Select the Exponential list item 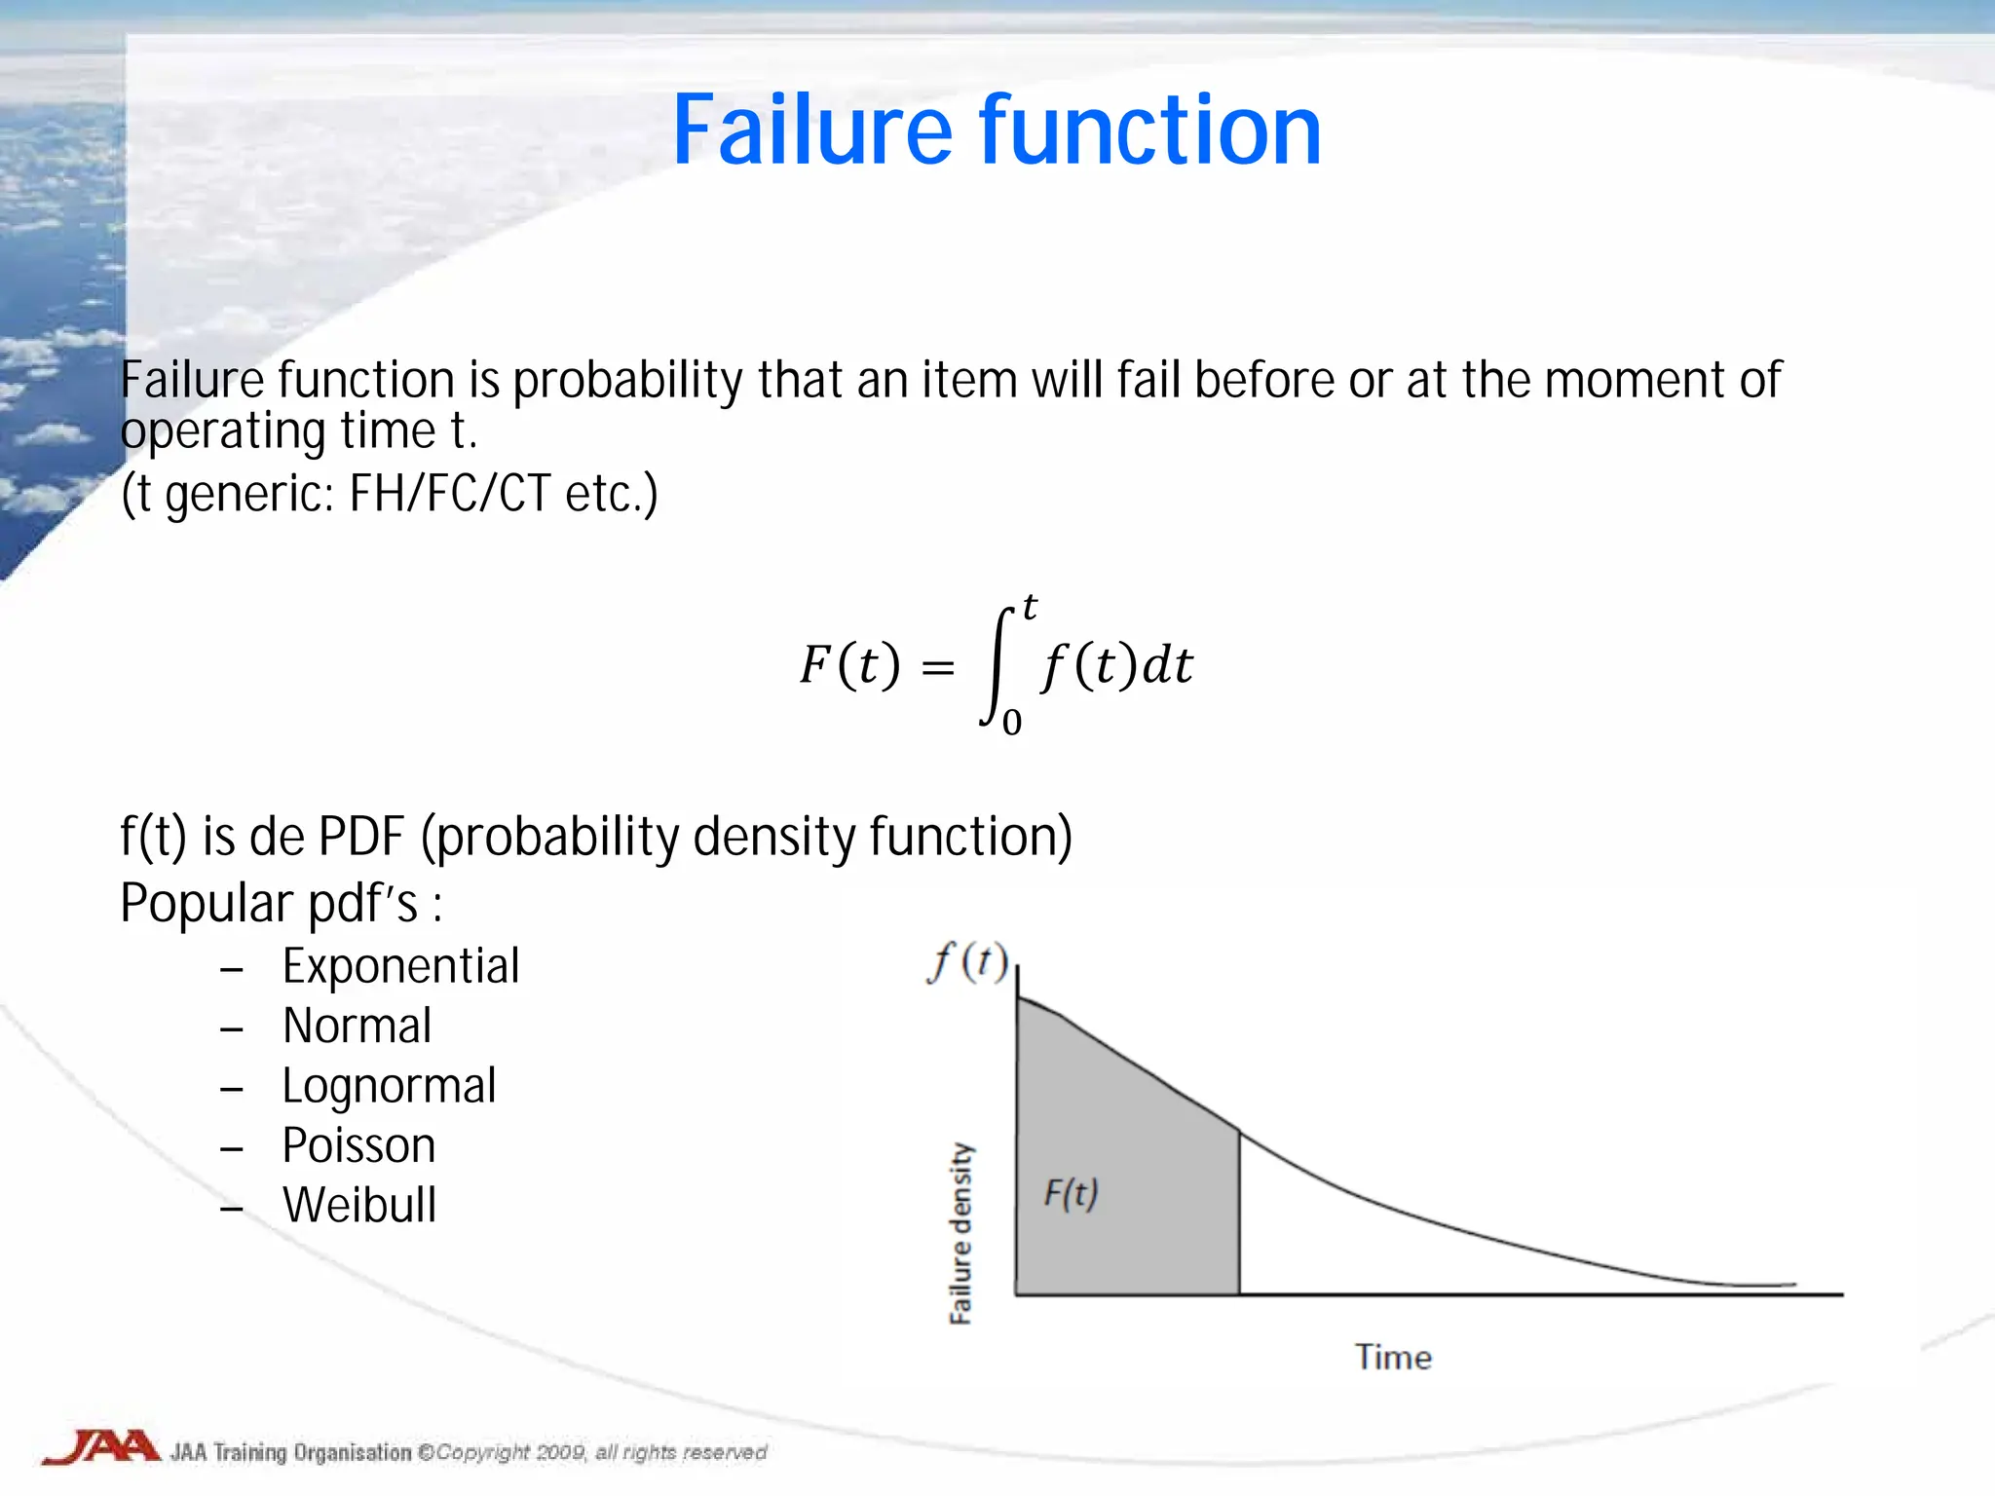click(400, 966)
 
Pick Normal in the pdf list click(357, 1026)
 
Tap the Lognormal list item click(389, 1086)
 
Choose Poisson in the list click(358, 1145)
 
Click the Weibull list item click(359, 1205)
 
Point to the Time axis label click(1393, 1357)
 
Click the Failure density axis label click(960, 1233)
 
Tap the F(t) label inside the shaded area click(1071, 1193)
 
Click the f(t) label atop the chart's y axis click(967, 962)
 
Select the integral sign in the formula click(997, 667)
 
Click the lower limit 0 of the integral click(1012, 723)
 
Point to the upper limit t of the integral click(1030, 608)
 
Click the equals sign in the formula click(937, 668)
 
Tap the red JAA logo click(100, 1447)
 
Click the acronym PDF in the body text click(361, 837)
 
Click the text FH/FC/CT click(450, 493)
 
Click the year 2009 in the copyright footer click(560, 1452)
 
